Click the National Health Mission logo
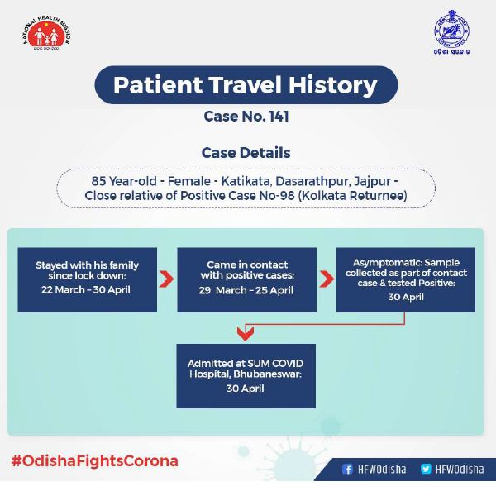(47, 33)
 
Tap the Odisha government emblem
(451, 32)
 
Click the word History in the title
(333, 85)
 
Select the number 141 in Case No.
(279, 116)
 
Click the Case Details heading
(246, 152)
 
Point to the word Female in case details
(189, 181)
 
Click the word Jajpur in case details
(372, 182)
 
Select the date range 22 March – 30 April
(86, 290)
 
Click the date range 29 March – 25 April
(246, 290)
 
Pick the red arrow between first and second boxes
(167, 279)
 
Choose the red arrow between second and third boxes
(327, 279)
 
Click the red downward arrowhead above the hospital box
(246, 333)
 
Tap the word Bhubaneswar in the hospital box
(268, 374)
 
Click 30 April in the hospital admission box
(246, 389)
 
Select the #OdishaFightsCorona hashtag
(94, 461)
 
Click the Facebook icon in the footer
(347, 469)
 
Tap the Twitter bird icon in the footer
(426, 469)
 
